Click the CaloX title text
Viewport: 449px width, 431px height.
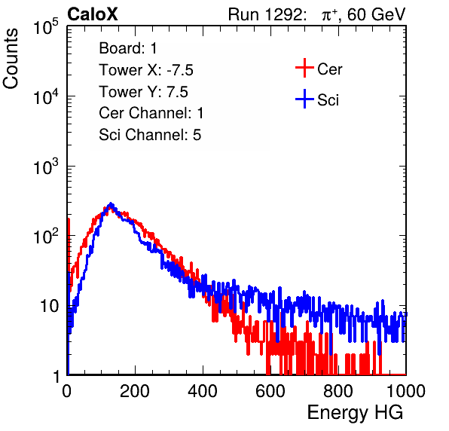point(93,14)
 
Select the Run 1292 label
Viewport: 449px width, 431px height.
point(265,14)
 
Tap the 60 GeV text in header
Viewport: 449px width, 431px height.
point(376,14)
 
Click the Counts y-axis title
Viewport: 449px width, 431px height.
point(11,59)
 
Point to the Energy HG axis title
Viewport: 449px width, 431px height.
point(355,413)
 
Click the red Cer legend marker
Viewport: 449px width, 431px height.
point(304,68)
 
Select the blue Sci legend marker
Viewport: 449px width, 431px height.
point(304,99)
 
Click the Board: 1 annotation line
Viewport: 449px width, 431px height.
point(128,48)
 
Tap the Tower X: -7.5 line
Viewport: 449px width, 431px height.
point(146,70)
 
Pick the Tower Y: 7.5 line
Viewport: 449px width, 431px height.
point(143,92)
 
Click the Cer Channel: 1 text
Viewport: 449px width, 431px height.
point(151,113)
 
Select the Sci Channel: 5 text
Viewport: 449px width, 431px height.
point(150,135)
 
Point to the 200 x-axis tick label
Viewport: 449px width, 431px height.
point(135,391)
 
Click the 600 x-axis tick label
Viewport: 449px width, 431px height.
point(270,391)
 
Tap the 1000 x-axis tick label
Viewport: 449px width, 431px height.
point(406,391)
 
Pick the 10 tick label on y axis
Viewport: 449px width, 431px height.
point(49,306)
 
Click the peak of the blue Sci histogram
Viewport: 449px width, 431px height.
point(111,204)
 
